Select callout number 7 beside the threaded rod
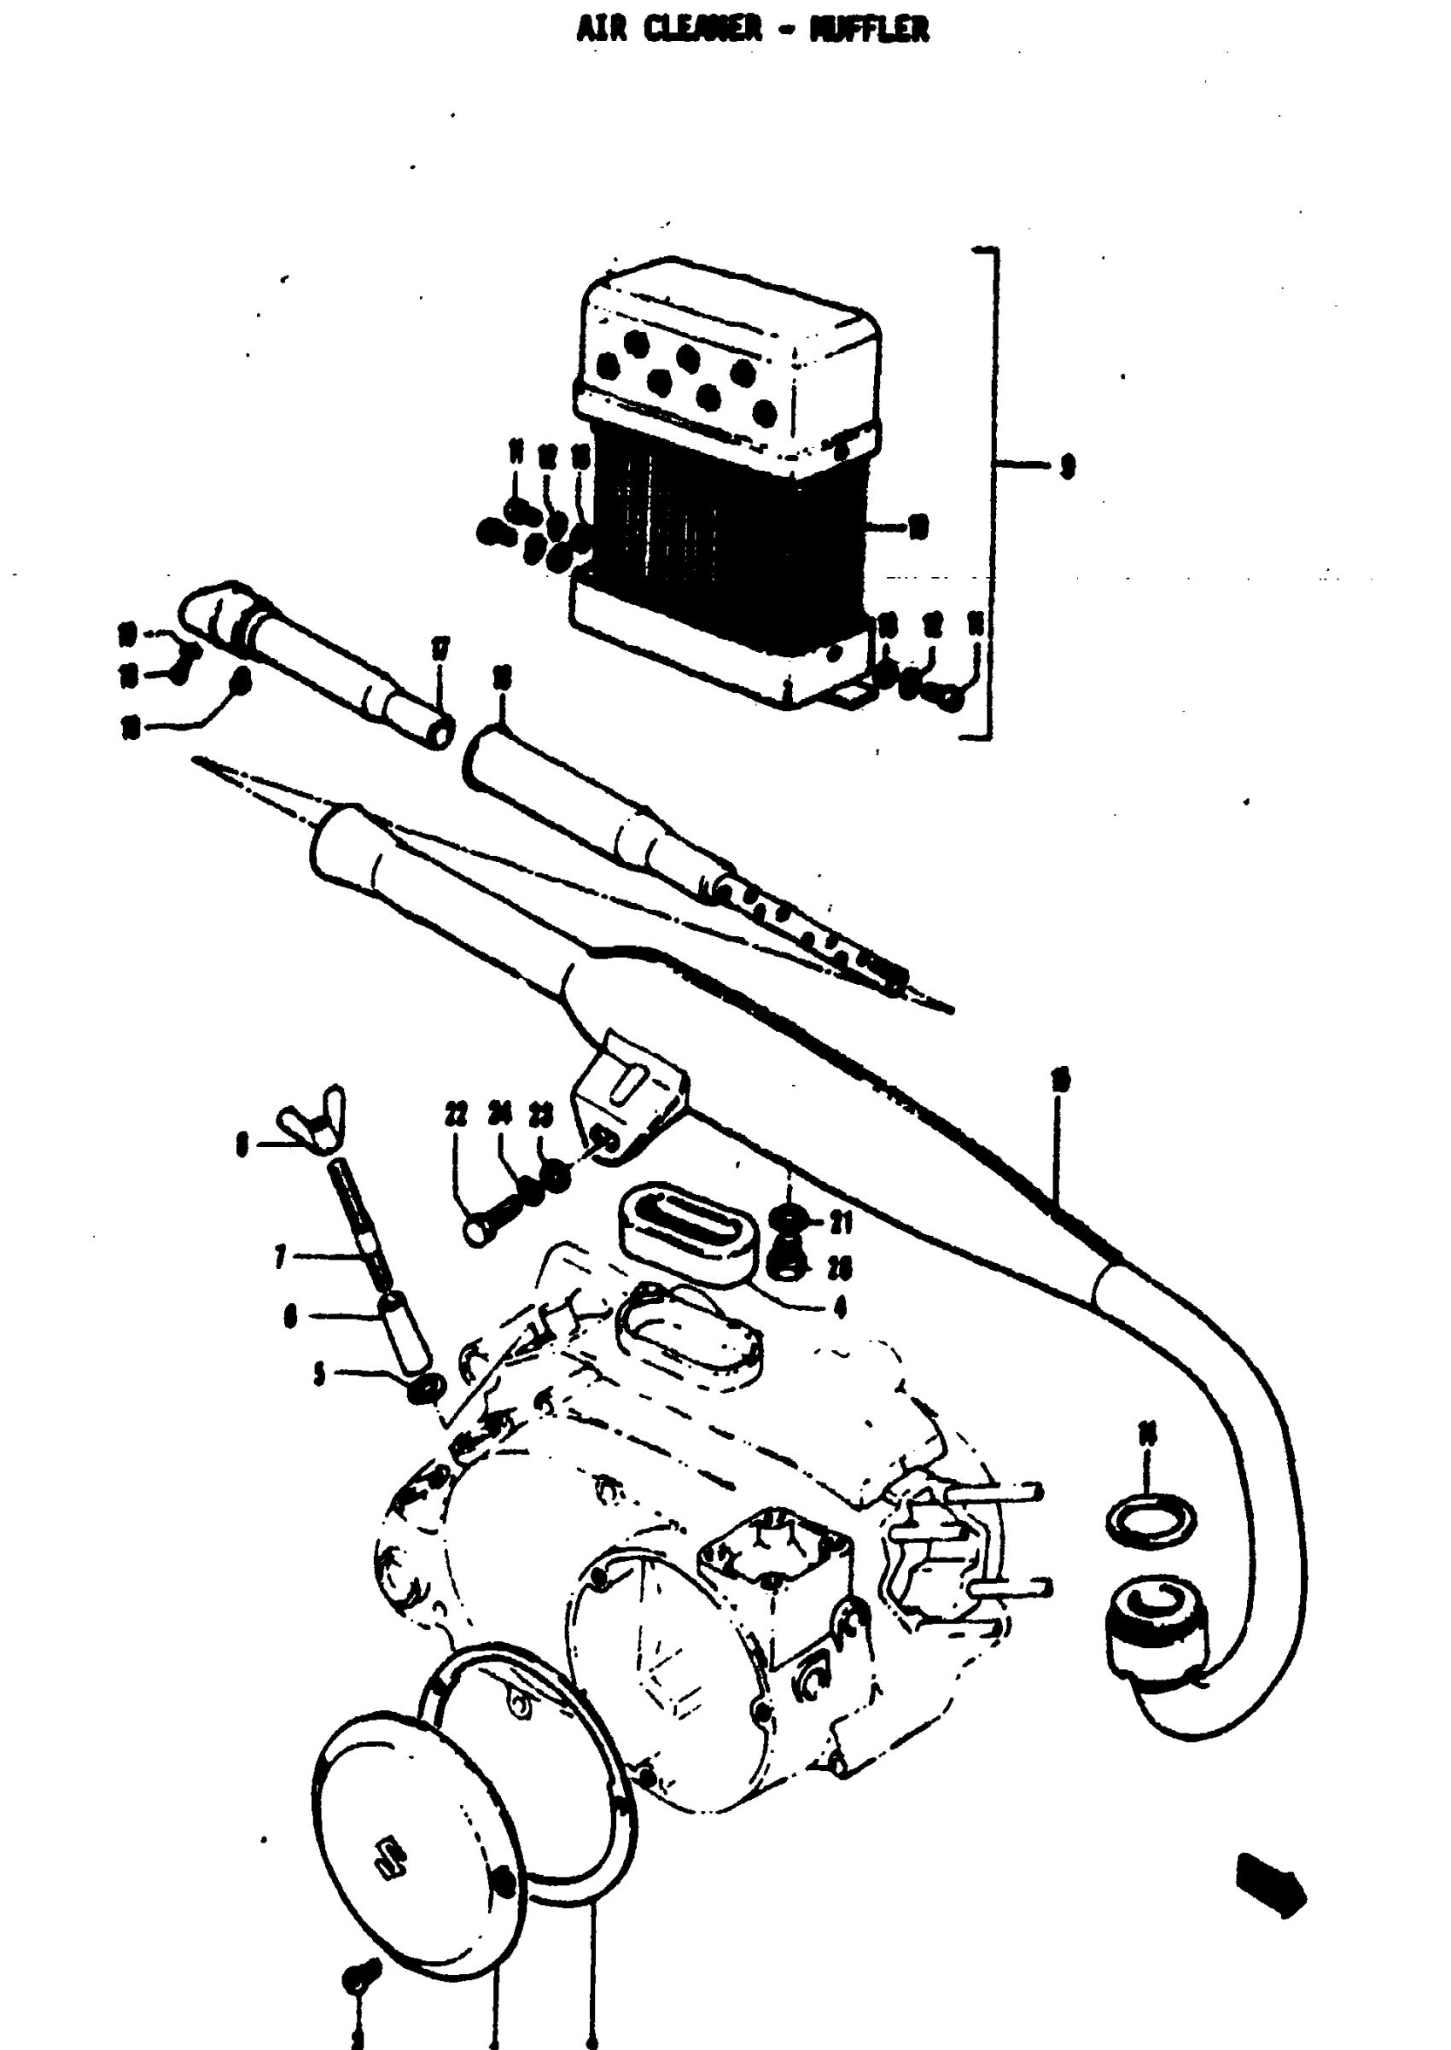(x=281, y=1258)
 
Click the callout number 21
(x=840, y=1222)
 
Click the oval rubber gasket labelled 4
(x=688, y=1224)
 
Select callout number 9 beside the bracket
(x=1066, y=465)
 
